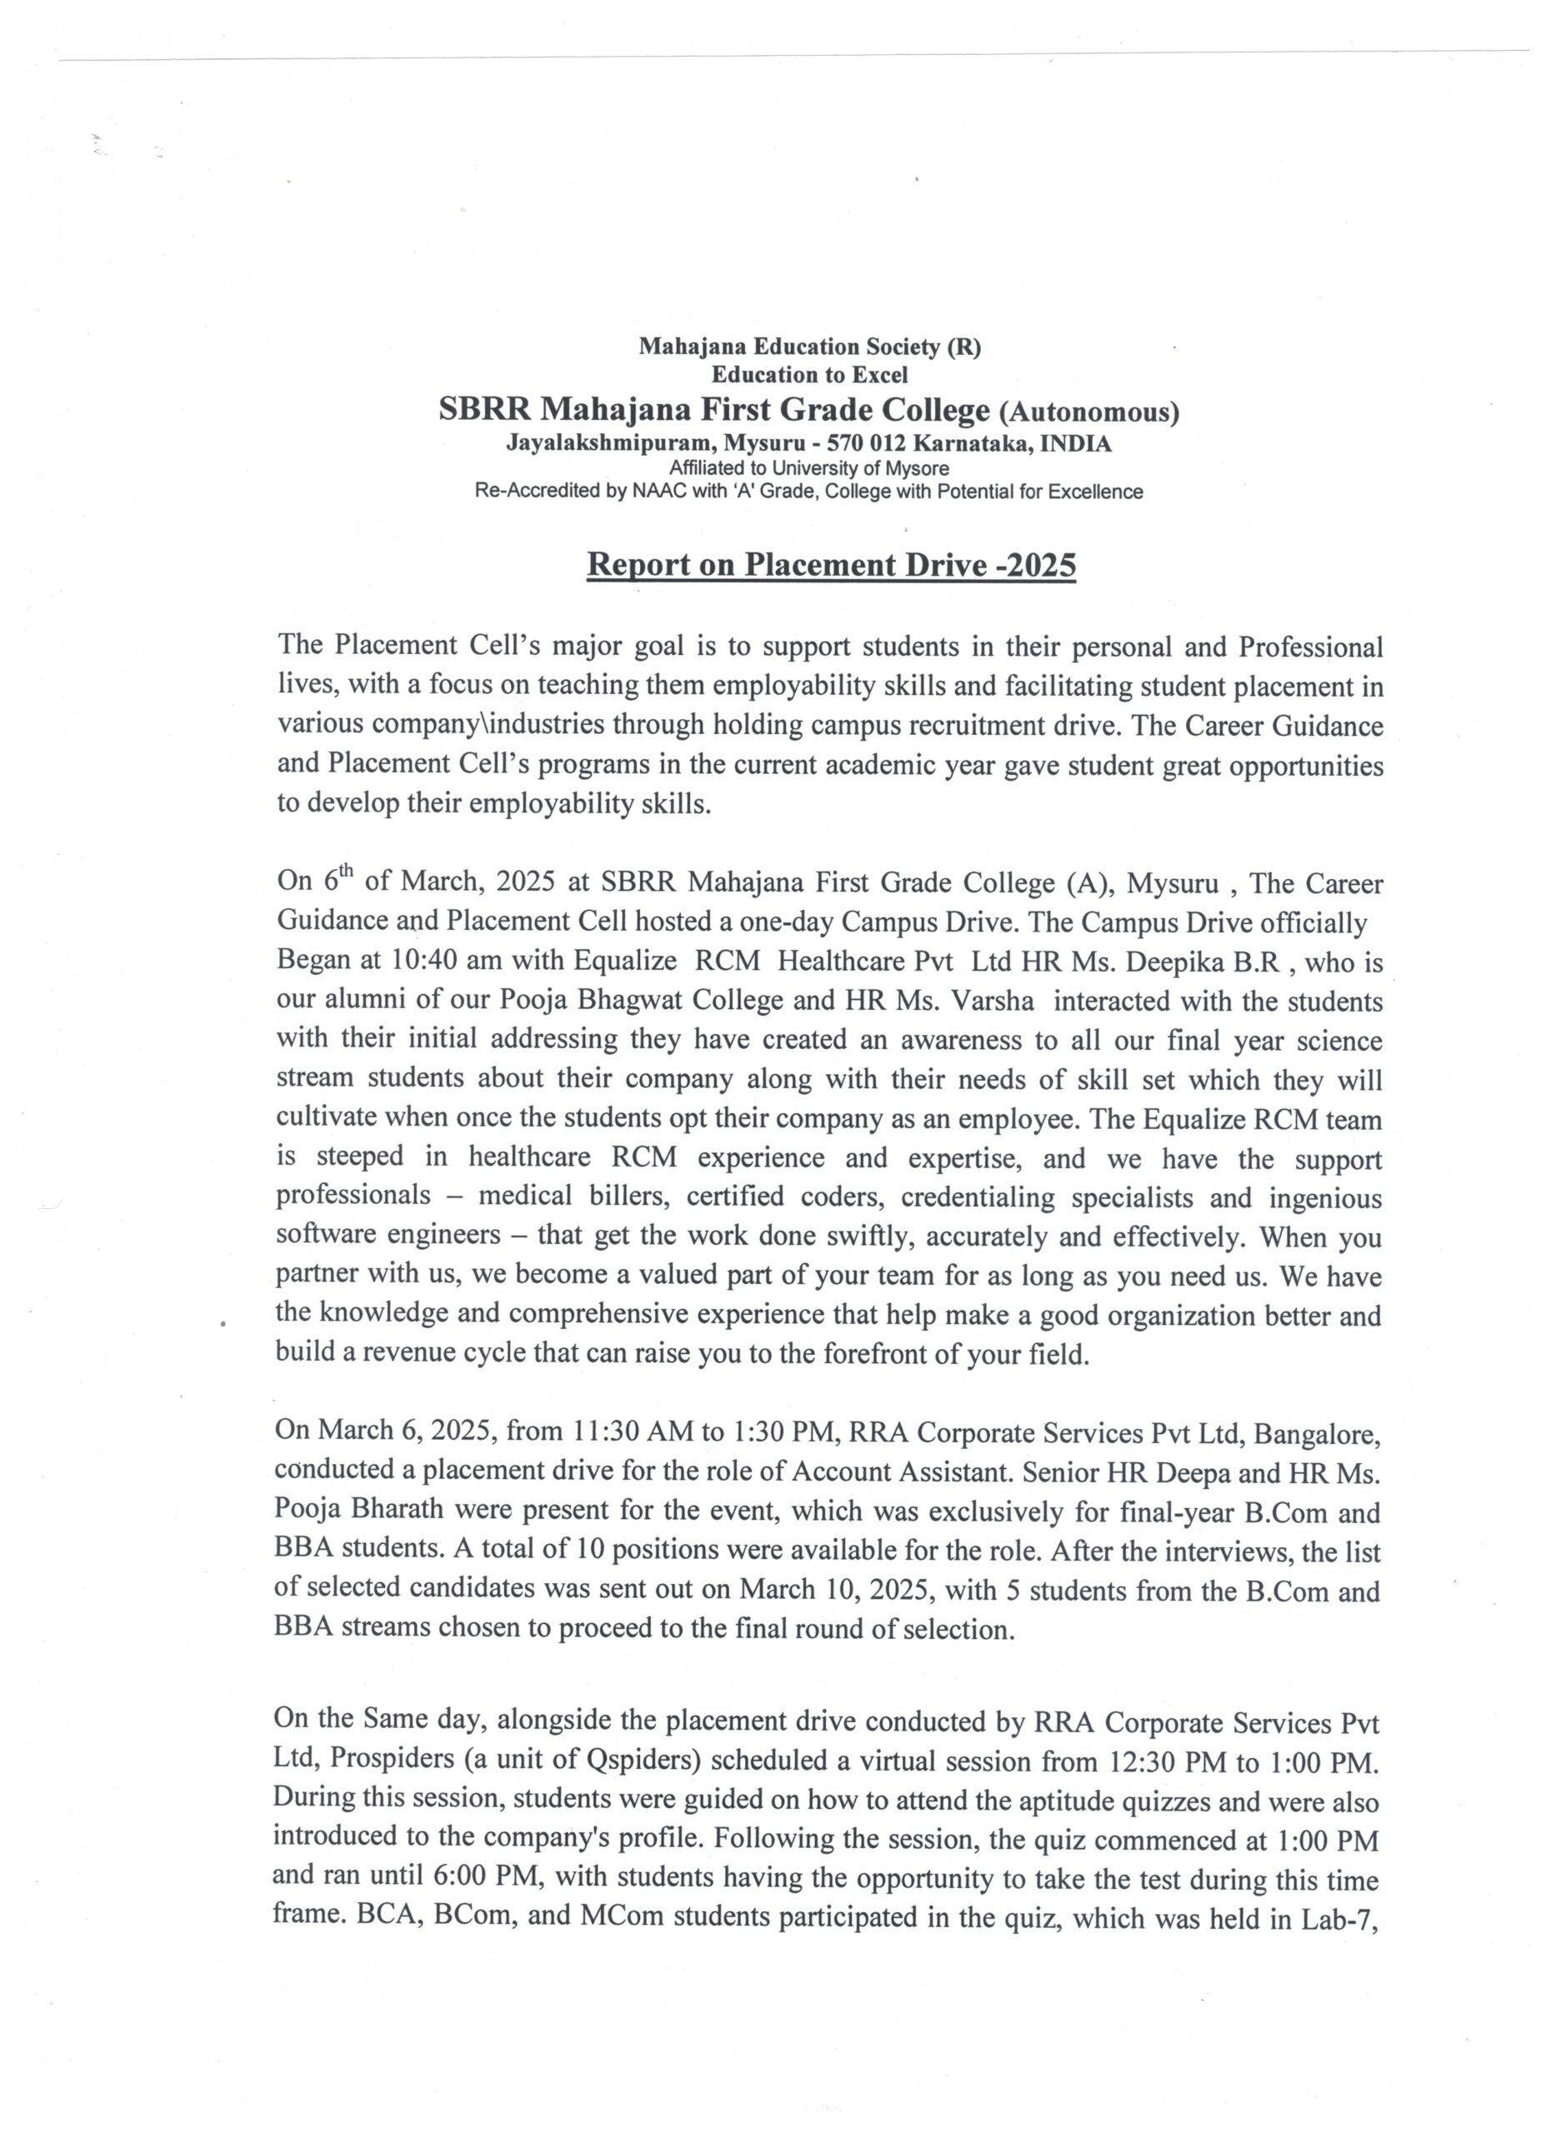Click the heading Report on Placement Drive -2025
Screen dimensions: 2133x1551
tap(831, 564)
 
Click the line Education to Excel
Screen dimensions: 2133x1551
tap(809, 375)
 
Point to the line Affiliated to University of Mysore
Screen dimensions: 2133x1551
tap(809, 467)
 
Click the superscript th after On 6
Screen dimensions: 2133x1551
tap(346, 870)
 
